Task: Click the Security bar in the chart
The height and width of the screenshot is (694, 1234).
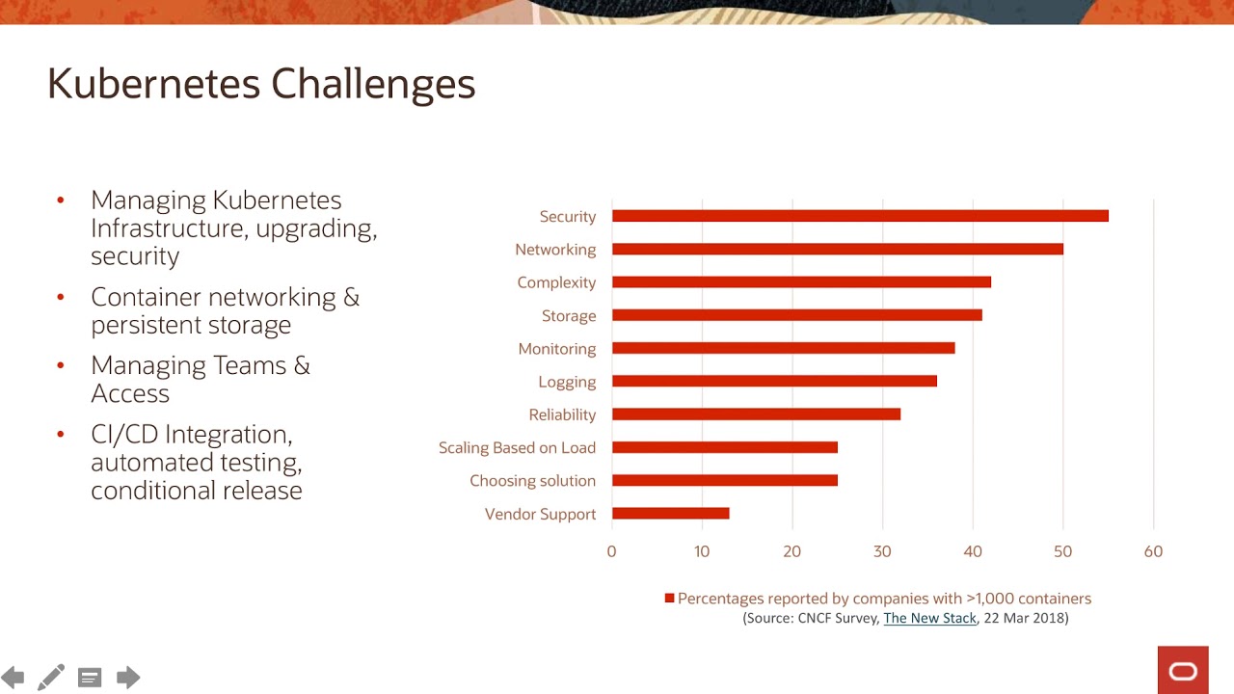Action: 860,216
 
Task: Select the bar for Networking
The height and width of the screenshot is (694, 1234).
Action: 837,249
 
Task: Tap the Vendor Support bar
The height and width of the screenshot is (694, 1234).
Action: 670,514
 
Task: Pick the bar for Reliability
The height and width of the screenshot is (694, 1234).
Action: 756,414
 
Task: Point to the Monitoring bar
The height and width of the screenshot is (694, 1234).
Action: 783,348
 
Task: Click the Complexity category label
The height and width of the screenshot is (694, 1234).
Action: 556,282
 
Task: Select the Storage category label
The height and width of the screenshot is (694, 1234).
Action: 569,315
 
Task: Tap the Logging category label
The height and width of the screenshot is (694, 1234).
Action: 567,382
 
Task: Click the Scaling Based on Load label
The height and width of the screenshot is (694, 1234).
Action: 517,447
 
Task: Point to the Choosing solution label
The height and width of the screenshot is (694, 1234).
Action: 532,481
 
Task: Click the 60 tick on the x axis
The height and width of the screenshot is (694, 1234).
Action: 1153,551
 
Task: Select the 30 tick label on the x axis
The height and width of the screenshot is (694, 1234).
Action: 882,551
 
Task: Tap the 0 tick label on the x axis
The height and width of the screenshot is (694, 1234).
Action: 611,551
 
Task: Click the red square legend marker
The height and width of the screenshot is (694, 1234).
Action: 669,599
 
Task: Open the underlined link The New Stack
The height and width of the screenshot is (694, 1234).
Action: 929,618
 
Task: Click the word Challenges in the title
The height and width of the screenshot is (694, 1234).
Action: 373,85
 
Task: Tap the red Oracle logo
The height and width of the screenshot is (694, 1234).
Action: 1183,670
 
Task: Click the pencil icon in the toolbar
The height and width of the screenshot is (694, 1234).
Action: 51,678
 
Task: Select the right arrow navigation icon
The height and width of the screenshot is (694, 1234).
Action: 128,678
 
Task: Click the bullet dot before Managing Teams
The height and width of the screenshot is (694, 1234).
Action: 61,366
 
